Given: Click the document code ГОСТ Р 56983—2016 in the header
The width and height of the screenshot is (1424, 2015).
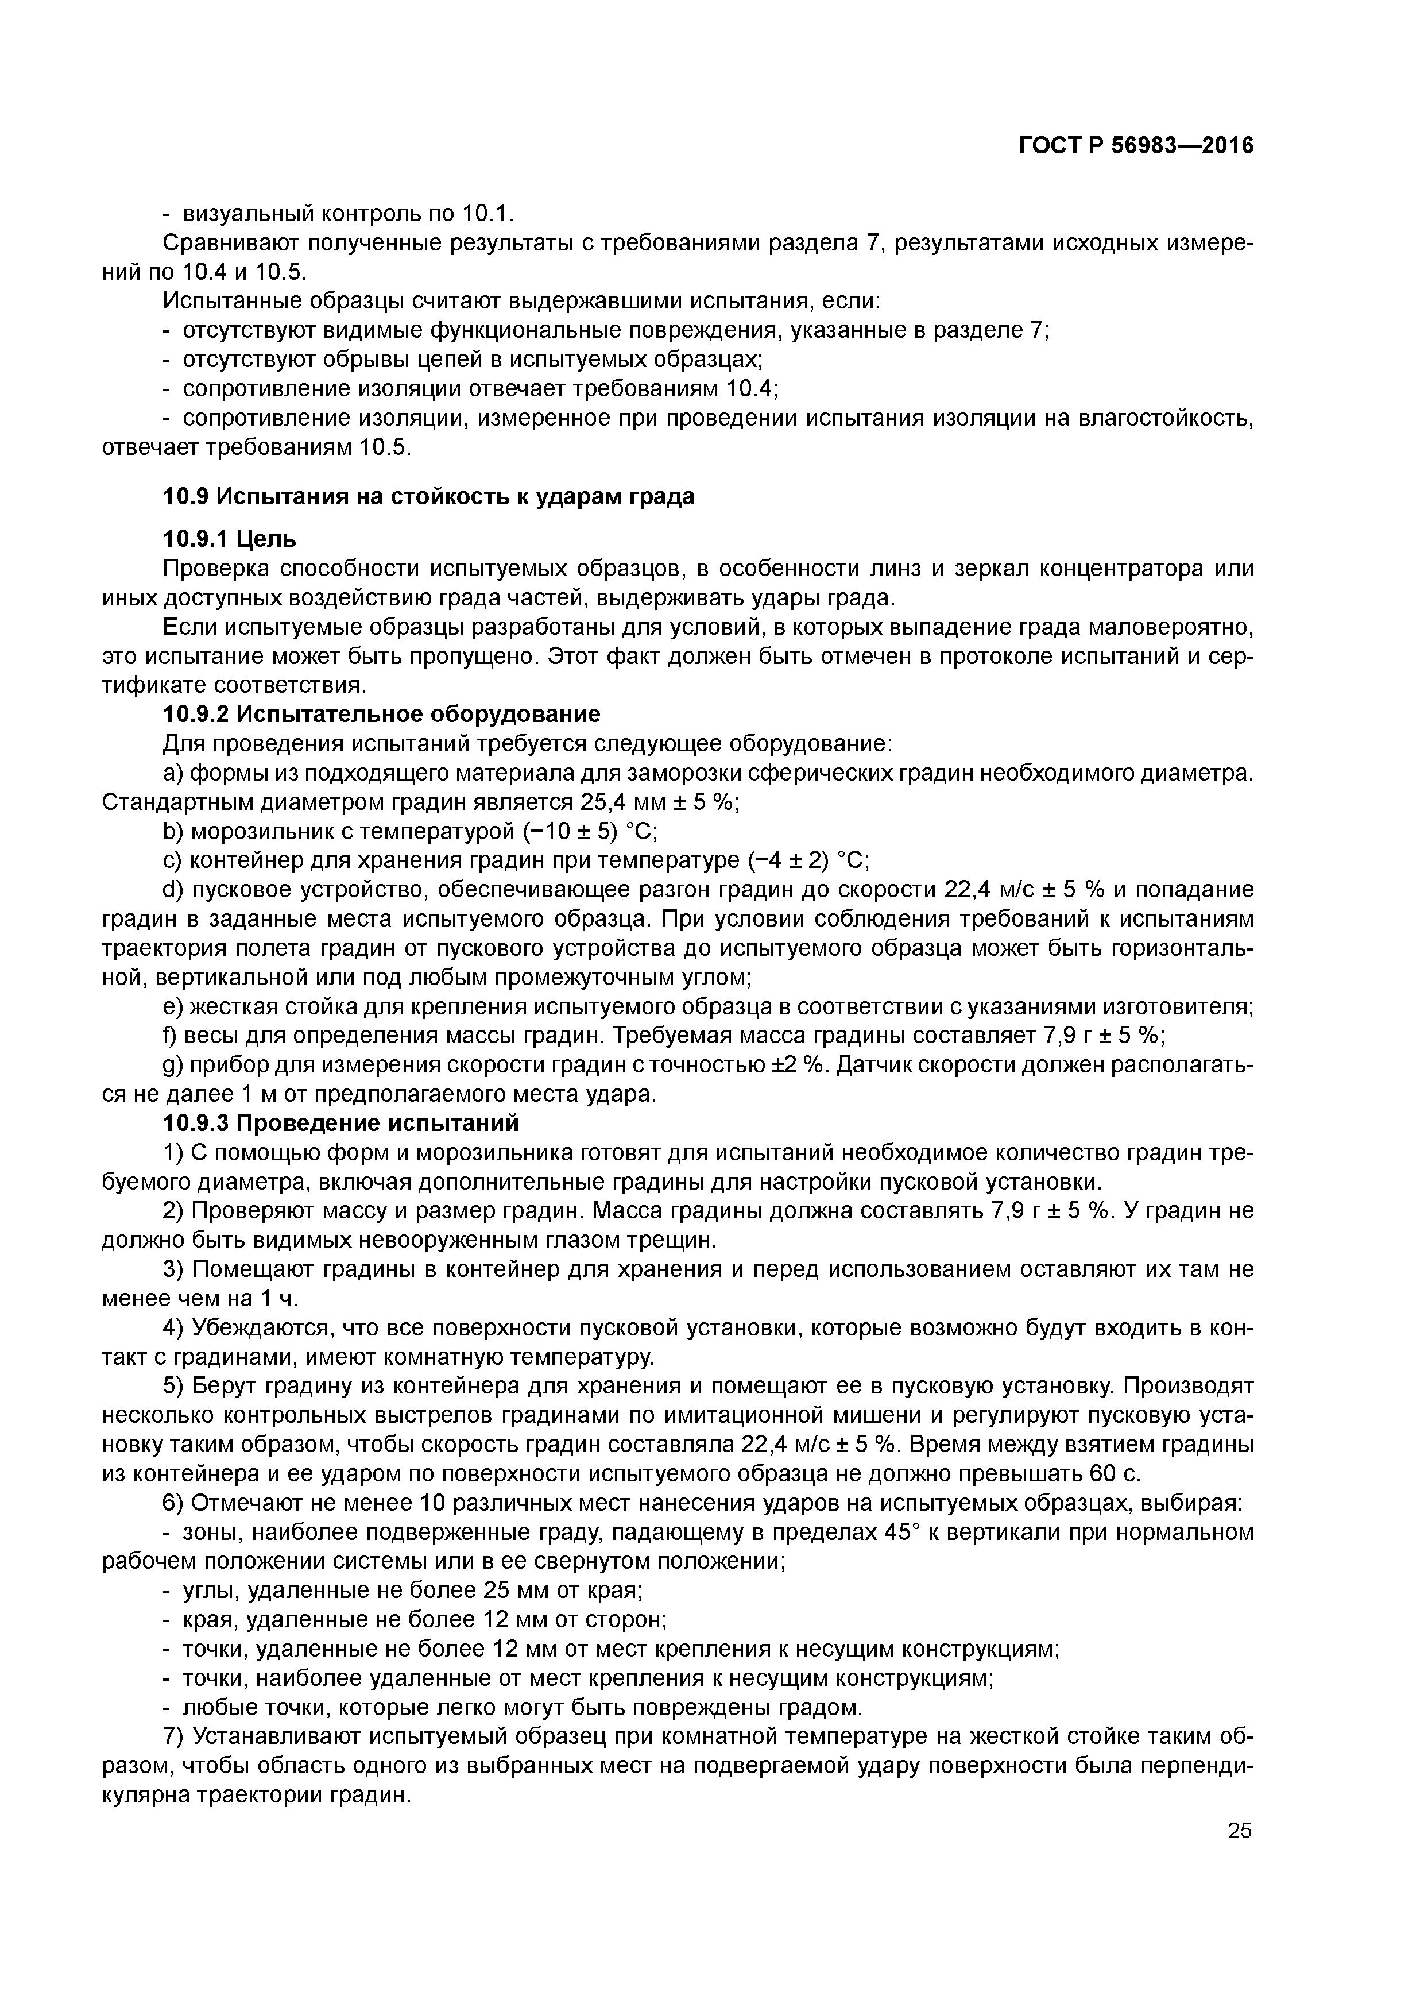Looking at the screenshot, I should [x=1136, y=146].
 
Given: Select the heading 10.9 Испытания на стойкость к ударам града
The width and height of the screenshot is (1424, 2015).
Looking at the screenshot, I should [x=428, y=497].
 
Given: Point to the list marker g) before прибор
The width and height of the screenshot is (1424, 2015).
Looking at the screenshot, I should [x=173, y=1066].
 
